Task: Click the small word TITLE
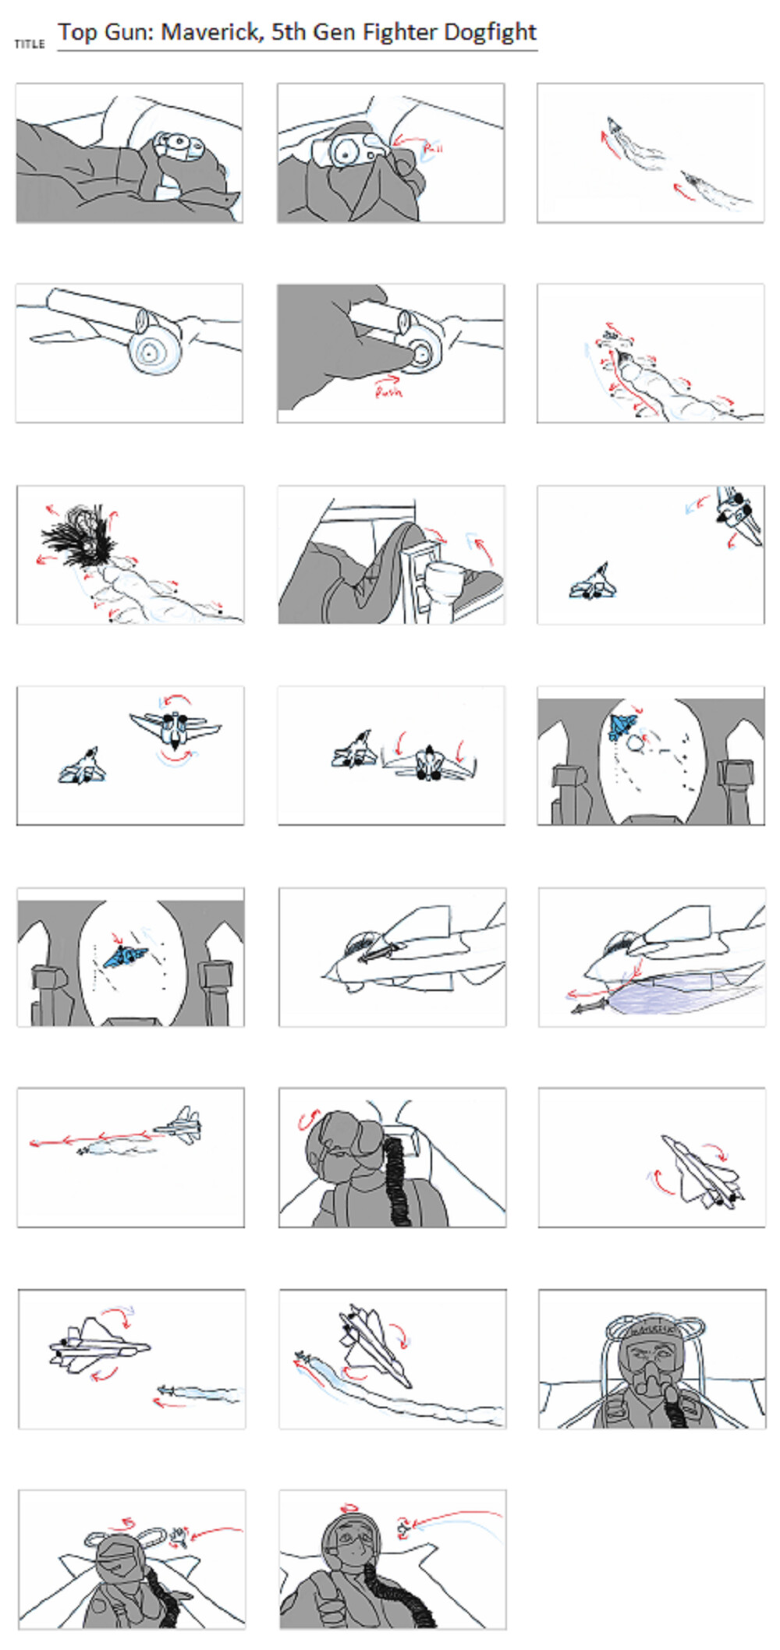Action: point(30,44)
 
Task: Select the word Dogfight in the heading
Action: point(490,32)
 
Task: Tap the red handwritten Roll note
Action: point(432,147)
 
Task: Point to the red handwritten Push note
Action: point(388,392)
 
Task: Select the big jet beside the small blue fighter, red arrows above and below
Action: point(175,728)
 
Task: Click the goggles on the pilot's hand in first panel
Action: point(179,144)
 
